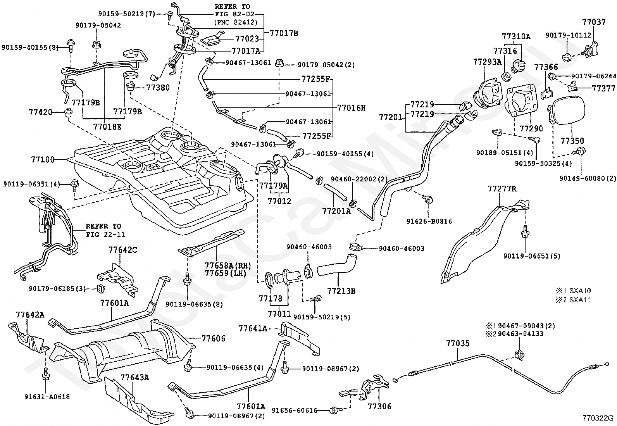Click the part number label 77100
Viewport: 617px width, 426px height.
[x=43, y=160]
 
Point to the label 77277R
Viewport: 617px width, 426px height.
[x=502, y=189]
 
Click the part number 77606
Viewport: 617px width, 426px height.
[x=213, y=338]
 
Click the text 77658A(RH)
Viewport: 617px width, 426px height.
[x=228, y=266]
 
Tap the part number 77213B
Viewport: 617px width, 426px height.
[x=341, y=291]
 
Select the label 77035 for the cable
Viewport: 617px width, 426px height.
[x=458, y=343]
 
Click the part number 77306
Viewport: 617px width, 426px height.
[x=379, y=407]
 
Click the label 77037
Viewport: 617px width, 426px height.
[x=594, y=22]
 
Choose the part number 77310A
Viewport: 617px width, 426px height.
[x=516, y=36]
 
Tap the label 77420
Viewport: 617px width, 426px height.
[x=40, y=112]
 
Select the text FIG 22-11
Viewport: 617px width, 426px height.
[x=105, y=235]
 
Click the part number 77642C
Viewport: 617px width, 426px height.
[x=122, y=250]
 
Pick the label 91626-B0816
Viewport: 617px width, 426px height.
[x=429, y=221]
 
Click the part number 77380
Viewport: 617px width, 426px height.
[x=158, y=88]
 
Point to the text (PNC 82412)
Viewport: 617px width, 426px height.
[x=236, y=22]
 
